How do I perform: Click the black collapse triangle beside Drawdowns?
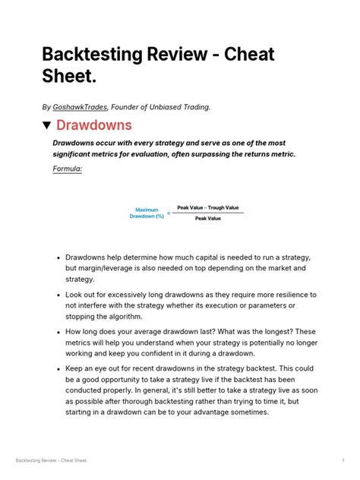[46, 125]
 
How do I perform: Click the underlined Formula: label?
[67, 169]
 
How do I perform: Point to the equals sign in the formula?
[169, 213]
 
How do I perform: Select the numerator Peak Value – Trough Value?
[207, 207]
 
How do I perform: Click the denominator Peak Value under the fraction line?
[207, 219]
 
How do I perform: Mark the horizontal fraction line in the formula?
[207, 213]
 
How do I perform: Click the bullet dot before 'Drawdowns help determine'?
[58, 258]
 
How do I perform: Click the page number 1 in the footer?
[343, 461]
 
